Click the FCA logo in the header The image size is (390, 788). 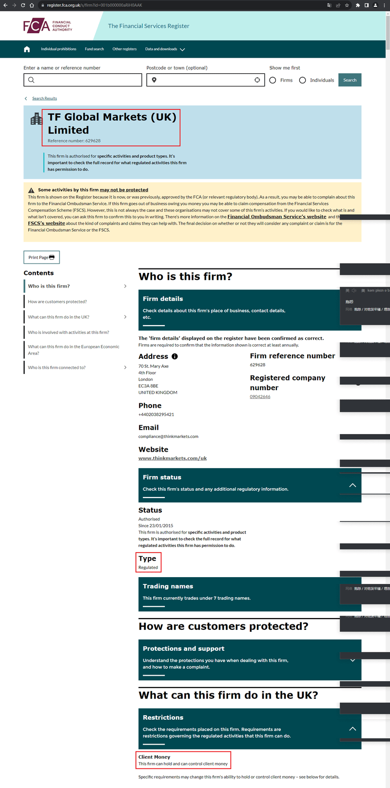coord(47,26)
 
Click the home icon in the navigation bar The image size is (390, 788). coord(27,49)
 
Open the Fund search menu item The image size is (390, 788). coord(94,49)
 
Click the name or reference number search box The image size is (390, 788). coord(83,80)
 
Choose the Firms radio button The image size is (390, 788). coord(273,80)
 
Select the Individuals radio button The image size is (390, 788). coord(303,80)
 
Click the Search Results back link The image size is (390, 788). coord(44,99)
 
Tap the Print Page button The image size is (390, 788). coord(41,257)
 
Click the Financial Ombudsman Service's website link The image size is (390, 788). coord(276,217)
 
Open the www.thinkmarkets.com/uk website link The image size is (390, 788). coord(173,458)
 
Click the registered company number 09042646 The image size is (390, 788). coord(260,397)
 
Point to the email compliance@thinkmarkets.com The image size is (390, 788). coord(168,436)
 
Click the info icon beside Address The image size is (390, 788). coord(175,356)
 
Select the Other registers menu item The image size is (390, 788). coord(124,49)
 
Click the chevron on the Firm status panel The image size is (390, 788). coord(352,485)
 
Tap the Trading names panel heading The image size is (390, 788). coord(168,586)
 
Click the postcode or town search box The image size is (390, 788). coord(205,80)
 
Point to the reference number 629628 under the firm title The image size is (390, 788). coord(74,141)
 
